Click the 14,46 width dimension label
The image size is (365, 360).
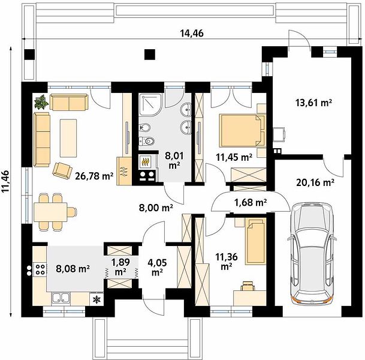[192, 34]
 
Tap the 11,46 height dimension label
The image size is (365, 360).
[5, 182]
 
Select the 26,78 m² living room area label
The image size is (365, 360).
[94, 176]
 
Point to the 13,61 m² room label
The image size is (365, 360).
[313, 102]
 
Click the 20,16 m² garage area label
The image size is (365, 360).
[315, 182]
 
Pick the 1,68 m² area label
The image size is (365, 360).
[251, 202]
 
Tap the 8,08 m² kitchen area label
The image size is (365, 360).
[73, 268]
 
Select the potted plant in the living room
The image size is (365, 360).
[41, 101]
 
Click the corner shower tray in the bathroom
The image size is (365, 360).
[150, 105]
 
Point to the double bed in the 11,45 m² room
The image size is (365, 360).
[242, 130]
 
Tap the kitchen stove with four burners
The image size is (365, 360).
[40, 269]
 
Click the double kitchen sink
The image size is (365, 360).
[61, 298]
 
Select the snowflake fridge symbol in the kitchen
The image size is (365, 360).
[96, 299]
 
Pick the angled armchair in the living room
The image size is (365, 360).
[62, 171]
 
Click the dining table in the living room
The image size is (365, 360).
[50, 212]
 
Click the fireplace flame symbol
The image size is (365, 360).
[146, 161]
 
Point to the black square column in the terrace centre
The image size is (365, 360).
[150, 55]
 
